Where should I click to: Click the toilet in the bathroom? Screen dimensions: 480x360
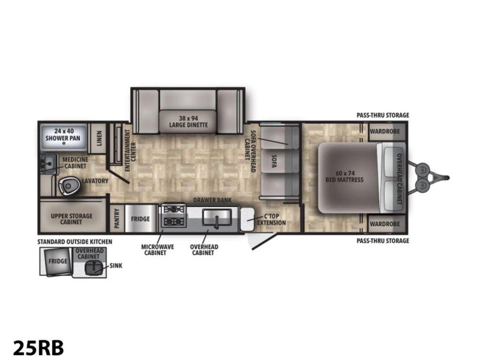68,186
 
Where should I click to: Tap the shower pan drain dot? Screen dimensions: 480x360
64,143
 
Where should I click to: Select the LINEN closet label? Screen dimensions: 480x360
99,138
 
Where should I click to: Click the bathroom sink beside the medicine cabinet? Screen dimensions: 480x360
48,163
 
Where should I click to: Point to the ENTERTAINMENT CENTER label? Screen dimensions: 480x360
131,150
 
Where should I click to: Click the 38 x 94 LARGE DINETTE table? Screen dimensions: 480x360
188,122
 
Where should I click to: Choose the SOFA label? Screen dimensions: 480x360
274,161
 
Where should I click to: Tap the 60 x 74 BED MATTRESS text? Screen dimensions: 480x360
344,176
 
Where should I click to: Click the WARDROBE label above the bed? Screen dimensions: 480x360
384,132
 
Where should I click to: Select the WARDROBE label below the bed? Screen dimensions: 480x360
384,224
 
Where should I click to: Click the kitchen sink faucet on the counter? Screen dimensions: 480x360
217,223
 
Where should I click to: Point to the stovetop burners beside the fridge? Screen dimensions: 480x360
174,216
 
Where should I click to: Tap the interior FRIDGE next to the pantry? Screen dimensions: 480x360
141,218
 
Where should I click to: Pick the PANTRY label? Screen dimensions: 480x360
117,218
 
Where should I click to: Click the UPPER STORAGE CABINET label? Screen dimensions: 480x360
72,219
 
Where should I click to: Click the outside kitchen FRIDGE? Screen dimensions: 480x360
58,261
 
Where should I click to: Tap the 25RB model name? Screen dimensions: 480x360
38,348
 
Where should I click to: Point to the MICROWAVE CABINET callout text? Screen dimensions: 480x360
157,250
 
